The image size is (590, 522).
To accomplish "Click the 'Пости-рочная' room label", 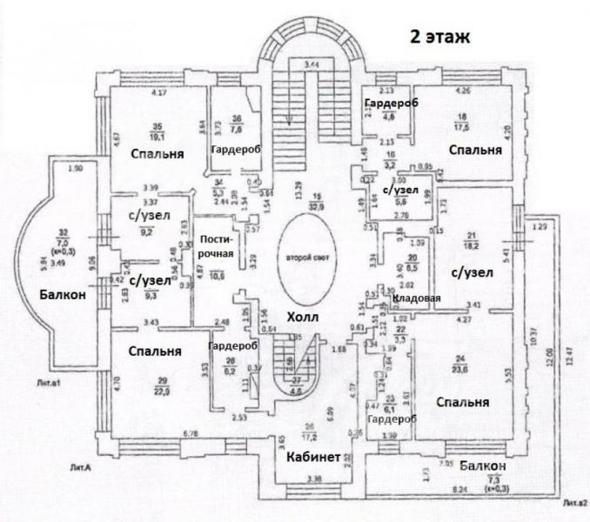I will pyautogui.click(x=214, y=247).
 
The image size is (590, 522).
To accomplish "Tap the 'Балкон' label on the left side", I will pyautogui.click(x=63, y=296).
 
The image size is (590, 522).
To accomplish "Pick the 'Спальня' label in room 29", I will pyautogui.click(x=154, y=351).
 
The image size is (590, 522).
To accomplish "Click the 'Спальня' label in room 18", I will pyautogui.click(x=475, y=150).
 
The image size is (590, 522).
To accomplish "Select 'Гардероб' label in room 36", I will pyautogui.click(x=236, y=150).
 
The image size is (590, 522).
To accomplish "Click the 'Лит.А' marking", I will pyautogui.click(x=83, y=467).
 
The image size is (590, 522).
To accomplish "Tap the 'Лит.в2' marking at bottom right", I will pyautogui.click(x=575, y=502).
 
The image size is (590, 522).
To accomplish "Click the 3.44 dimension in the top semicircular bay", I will pyautogui.click(x=311, y=65).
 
